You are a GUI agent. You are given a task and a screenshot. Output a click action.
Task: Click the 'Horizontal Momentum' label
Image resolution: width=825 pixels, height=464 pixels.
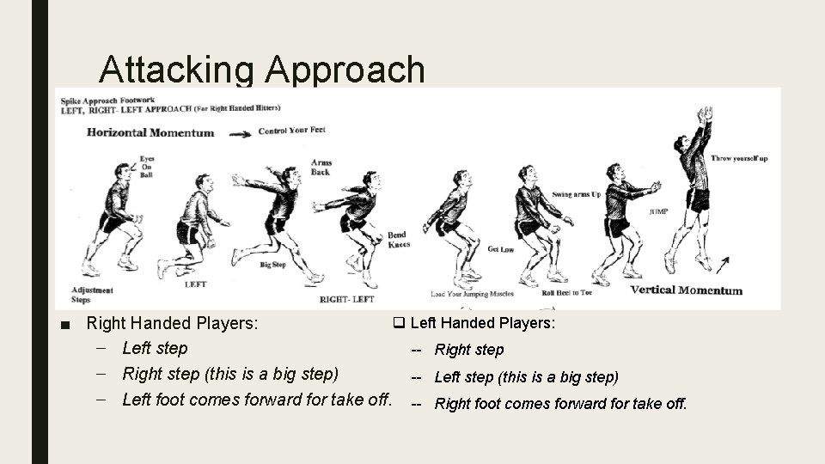pyautogui.click(x=150, y=132)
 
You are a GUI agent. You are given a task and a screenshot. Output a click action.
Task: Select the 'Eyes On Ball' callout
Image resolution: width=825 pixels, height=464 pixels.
pyautogui.click(x=147, y=167)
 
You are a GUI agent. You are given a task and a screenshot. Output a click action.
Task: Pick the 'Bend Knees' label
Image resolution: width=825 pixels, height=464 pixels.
pyautogui.click(x=398, y=240)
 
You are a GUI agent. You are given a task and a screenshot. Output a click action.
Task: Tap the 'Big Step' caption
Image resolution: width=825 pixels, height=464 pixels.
pyautogui.click(x=272, y=265)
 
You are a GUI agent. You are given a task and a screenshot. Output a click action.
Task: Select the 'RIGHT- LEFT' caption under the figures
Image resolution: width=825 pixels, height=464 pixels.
pyautogui.click(x=346, y=299)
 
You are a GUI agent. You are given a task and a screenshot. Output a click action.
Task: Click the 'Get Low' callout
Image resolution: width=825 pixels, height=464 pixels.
pyautogui.click(x=500, y=249)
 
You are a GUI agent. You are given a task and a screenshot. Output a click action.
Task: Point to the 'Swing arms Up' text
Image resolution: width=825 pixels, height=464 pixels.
pyautogui.click(x=577, y=195)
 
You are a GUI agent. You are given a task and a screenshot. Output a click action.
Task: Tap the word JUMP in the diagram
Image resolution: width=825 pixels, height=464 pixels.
pyautogui.click(x=659, y=211)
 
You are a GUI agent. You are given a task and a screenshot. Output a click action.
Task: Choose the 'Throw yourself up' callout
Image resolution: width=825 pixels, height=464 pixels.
pyautogui.click(x=739, y=159)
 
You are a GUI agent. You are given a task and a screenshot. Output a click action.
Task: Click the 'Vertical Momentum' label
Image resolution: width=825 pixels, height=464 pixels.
pyautogui.click(x=686, y=290)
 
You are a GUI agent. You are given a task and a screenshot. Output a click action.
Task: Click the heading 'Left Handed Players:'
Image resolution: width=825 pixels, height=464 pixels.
pyautogui.click(x=481, y=323)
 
